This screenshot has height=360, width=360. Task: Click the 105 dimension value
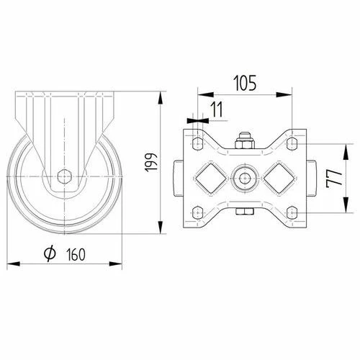[245, 83]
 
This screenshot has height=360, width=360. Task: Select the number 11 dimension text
[217, 109]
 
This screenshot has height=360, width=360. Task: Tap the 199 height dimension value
[151, 162]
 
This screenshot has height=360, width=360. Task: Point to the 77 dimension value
[334, 178]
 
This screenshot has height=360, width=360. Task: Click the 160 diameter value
[76, 254]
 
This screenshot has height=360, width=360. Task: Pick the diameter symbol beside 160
[50, 253]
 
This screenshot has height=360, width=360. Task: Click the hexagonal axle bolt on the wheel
[64, 176]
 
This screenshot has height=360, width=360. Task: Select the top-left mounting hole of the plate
[197, 143]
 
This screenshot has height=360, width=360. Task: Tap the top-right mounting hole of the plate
[292, 143]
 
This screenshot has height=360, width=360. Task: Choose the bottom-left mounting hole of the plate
[197, 212]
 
